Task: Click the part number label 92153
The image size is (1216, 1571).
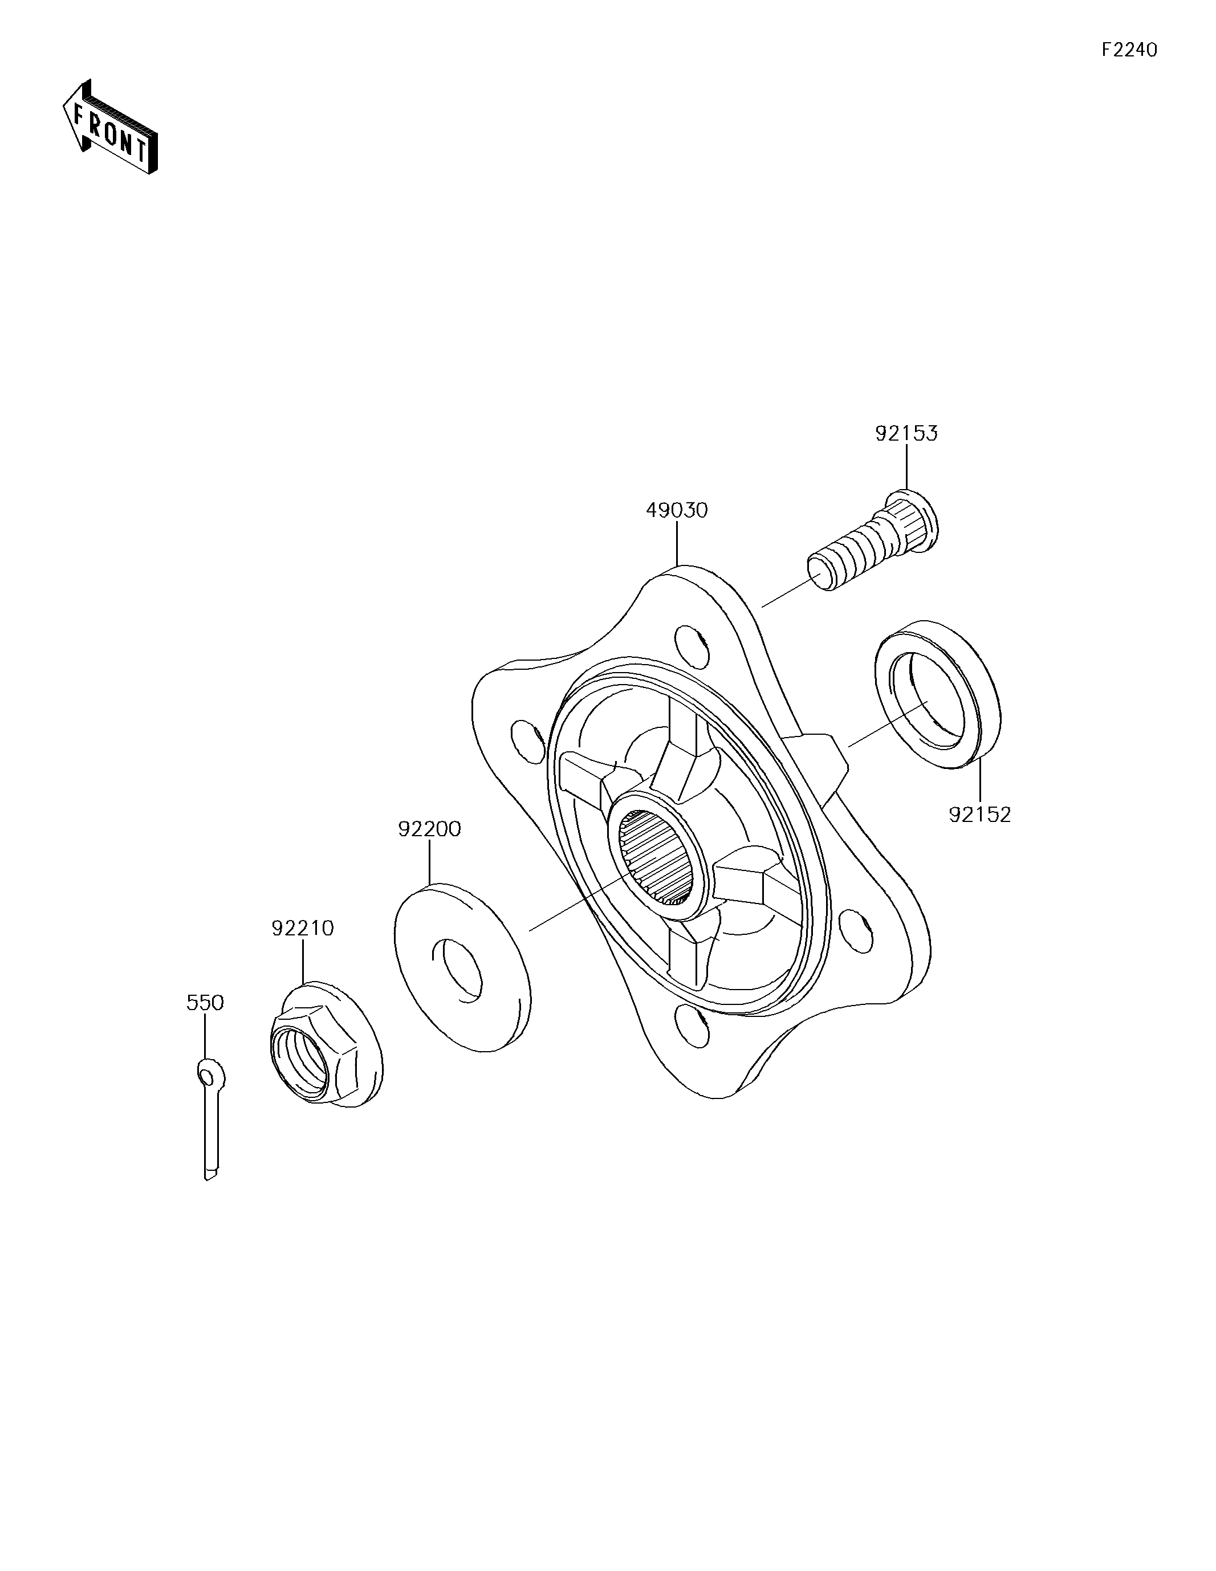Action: (x=906, y=433)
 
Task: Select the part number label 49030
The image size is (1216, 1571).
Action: (x=677, y=510)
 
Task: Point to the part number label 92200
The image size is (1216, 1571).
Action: (x=429, y=829)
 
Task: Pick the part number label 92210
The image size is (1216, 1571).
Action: (x=303, y=928)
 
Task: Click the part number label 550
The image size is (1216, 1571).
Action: (x=205, y=1002)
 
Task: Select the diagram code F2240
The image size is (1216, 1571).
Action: (x=1130, y=50)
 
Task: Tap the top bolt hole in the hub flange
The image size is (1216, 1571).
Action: (x=692, y=646)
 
